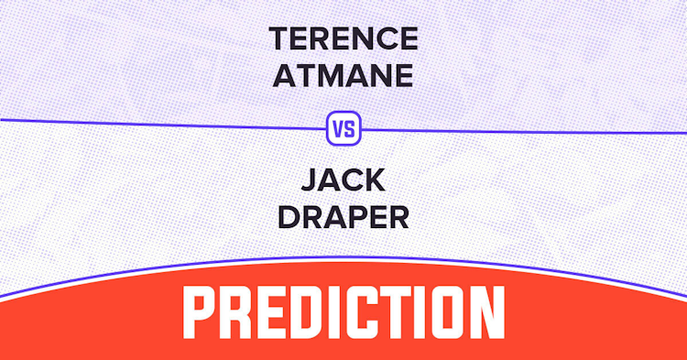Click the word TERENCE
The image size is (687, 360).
343,38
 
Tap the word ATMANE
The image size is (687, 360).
343,75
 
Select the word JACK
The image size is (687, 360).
343,180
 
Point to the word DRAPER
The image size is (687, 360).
343,217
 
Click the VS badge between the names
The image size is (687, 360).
343,128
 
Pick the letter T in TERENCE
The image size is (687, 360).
279,38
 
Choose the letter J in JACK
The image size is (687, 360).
310,180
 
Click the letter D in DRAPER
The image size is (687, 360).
289,217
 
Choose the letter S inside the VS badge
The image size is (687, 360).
349,129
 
